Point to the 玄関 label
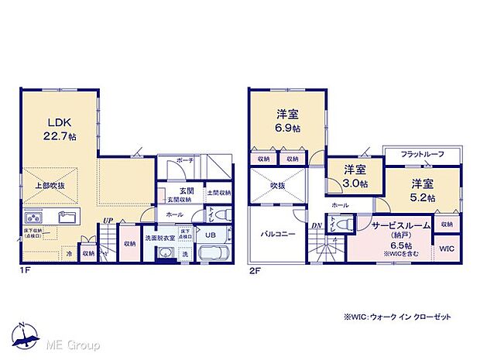coord(187,191)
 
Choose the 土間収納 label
coord(218,193)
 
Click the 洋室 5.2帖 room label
coord(422,190)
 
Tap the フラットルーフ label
coord(422,155)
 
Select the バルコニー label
coord(276,233)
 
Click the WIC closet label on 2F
coord(446,249)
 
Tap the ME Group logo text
coord(74,343)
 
